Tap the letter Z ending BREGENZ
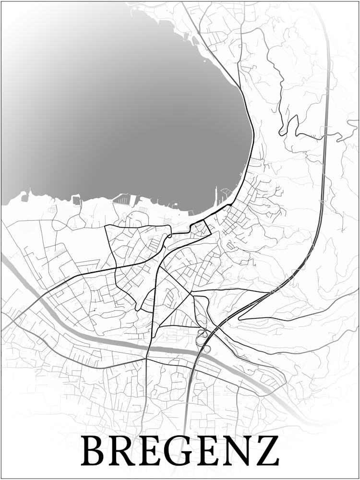[265, 451]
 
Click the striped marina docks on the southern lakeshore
[123, 199]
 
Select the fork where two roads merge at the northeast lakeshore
[239, 86]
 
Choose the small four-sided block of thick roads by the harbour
[201, 228]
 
